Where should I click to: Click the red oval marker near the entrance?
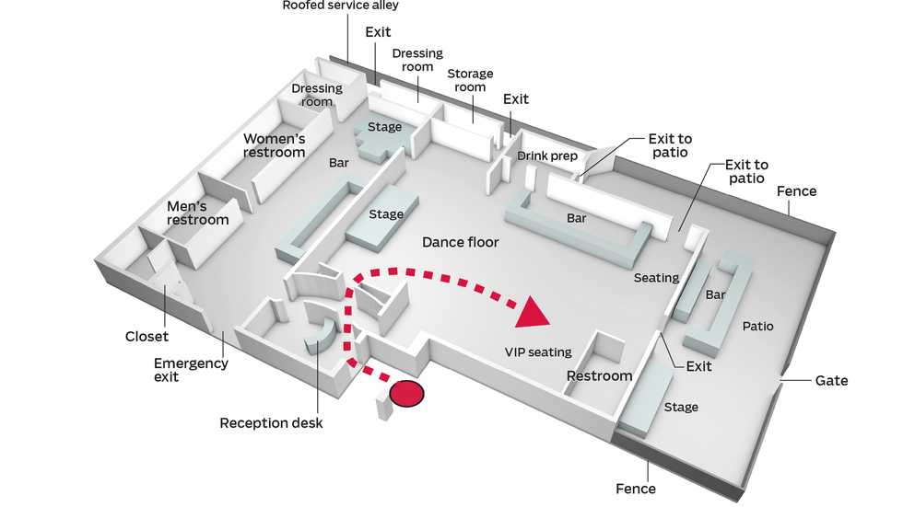[x=407, y=394]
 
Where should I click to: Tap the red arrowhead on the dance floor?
[x=532, y=313]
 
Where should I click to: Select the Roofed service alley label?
[x=340, y=6]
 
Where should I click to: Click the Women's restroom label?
[x=274, y=145]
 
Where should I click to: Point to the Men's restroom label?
[x=197, y=213]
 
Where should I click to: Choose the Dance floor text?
[x=460, y=242]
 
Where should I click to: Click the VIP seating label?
[x=538, y=351]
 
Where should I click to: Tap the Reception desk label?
[x=271, y=423]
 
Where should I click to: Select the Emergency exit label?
[x=191, y=370]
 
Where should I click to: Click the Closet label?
[x=147, y=336]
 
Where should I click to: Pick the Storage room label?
[x=470, y=80]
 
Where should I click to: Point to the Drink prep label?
[x=546, y=156]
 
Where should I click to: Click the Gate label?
[x=831, y=380]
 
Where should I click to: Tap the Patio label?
[x=757, y=326]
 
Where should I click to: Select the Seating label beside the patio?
[x=656, y=277]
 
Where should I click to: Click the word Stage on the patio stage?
[x=681, y=407]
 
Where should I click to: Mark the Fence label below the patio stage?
[x=636, y=489]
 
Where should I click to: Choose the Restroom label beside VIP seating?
[x=599, y=375]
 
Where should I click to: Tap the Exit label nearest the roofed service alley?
[x=378, y=32]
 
